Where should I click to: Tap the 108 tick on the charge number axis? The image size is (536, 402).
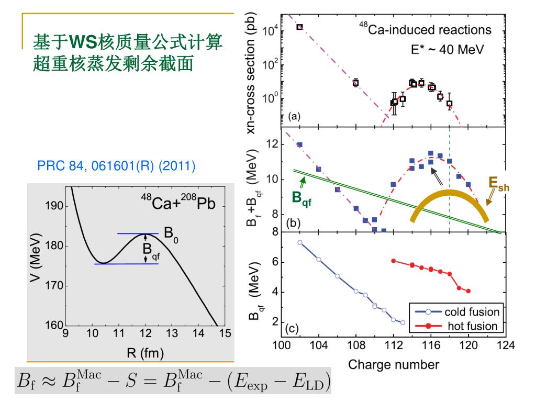[x=356, y=345]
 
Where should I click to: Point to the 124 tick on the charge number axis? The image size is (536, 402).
[x=506, y=345]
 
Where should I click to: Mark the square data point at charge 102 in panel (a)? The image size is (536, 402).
[x=299, y=27]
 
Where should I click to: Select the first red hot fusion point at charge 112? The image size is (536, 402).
[x=393, y=261]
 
